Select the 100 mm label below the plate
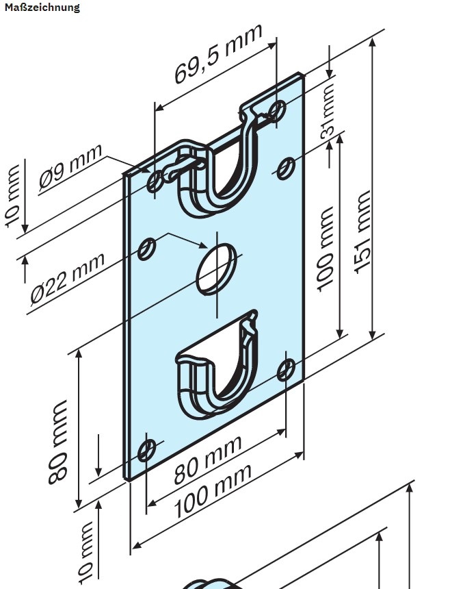[211, 490]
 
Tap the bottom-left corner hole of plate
[146, 451]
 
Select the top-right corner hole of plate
[277, 110]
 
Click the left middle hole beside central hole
[146, 249]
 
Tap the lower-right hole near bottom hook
[287, 369]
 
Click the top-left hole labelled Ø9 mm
[156, 181]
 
